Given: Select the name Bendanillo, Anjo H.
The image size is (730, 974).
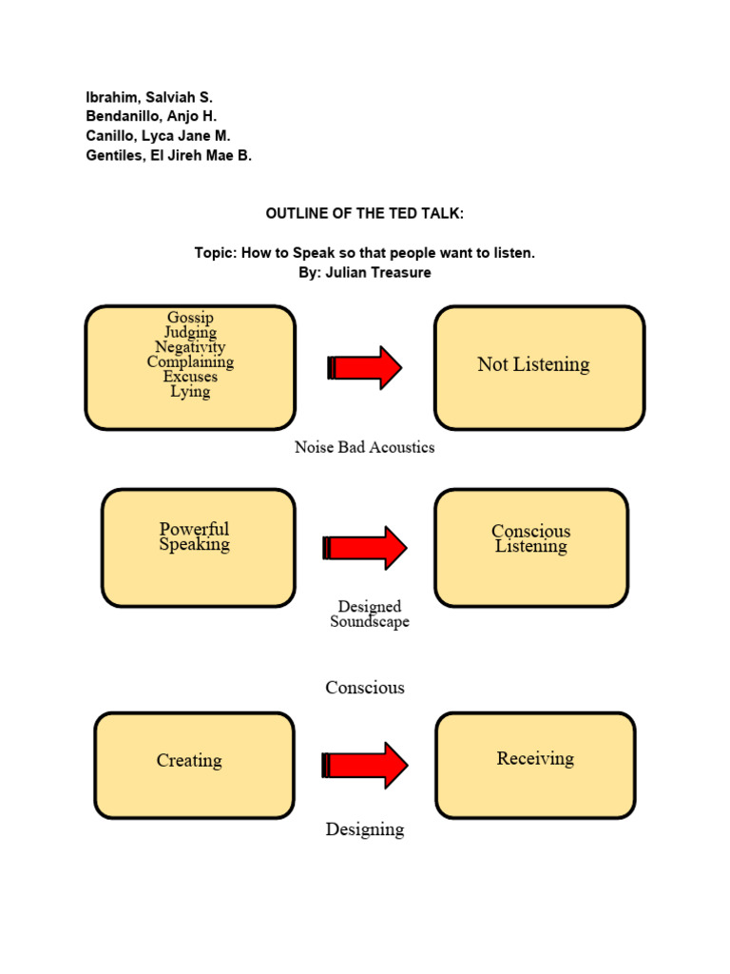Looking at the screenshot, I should coord(152,116).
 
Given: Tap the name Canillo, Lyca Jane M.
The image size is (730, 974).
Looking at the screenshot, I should coord(158,136).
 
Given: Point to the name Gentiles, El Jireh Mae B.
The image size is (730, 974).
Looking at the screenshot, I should coord(168,156).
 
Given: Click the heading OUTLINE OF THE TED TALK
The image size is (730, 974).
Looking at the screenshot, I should coord(365,214).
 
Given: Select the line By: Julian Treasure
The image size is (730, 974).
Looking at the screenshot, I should coord(365,273).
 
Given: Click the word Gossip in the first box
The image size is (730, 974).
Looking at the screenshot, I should coord(190,318).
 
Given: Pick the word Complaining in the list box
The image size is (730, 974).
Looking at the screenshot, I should coord(190,361).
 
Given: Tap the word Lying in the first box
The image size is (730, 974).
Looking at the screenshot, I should coord(190,391).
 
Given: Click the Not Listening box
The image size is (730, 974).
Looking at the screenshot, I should coord(539,366).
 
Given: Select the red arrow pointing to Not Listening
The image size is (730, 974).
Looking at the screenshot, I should coord(365,367).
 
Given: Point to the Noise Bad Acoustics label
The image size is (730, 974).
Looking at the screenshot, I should coord(364,447).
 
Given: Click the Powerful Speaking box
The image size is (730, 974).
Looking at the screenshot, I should coord(198,547).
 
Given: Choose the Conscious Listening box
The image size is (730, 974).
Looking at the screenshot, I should coord(530,547).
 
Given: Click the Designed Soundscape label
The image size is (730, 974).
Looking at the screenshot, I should coord(369,614).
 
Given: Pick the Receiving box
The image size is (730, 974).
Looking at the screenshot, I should coord(535,764).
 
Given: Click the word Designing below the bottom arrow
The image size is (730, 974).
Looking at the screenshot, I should coord(365,829).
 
